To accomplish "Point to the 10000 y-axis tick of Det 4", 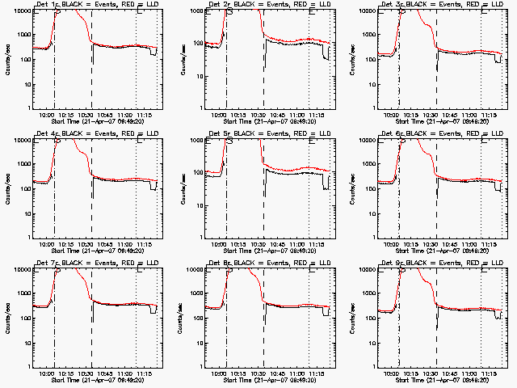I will (x=21, y=140).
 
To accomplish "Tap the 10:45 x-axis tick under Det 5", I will (x=282, y=244).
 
